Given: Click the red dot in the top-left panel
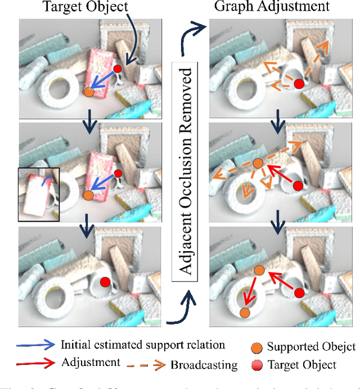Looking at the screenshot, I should point(117,69).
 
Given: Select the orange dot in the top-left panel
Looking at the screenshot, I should point(88,92).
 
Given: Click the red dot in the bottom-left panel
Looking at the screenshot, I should point(105,282).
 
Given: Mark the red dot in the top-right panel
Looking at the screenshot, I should point(299,84).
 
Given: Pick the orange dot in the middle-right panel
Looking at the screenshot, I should point(258,164).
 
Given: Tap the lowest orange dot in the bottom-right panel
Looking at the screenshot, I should point(244,312).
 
